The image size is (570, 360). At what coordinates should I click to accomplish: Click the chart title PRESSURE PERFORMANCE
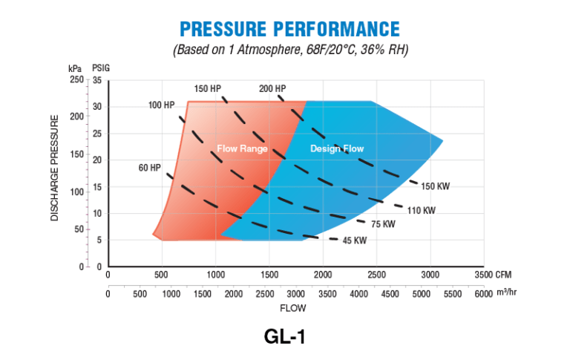click(289, 29)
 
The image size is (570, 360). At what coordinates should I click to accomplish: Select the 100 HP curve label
click(160, 105)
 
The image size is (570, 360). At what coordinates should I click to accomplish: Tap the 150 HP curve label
click(206, 88)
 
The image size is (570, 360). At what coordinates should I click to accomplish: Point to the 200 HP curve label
click(272, 88)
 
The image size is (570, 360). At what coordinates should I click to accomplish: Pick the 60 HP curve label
click(149, 168)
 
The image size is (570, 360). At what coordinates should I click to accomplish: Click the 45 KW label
click(354, 240)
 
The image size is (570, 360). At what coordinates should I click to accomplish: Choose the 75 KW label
click(383, 224)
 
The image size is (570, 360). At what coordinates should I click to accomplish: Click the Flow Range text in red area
click(242, 148)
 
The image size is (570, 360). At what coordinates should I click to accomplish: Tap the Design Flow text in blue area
click(337, 148)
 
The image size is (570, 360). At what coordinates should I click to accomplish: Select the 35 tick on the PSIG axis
click(96, 79)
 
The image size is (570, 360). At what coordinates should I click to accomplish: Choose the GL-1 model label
click(284, 336)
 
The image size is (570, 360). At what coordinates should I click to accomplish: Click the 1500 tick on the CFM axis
click(269, 275)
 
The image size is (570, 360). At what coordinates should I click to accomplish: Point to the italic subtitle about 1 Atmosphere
click(290, 50)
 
